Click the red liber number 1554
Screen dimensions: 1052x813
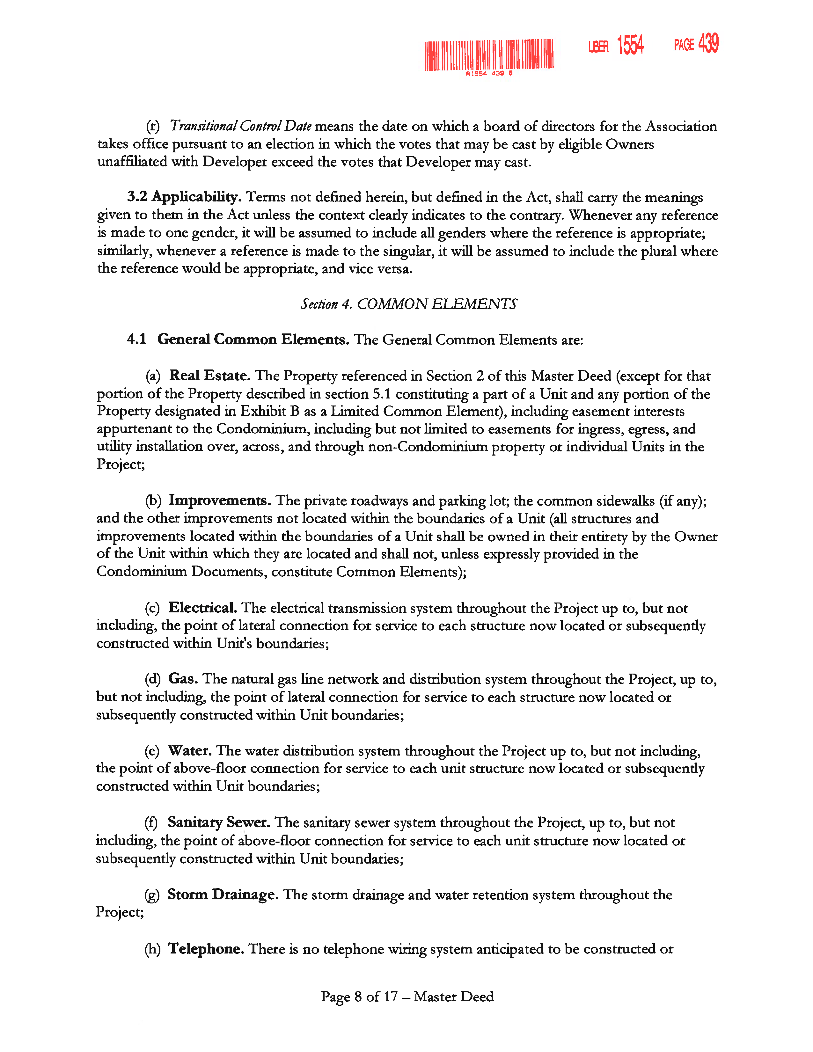click(x=630, y=45)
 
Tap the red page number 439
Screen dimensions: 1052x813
click(x=708, y=43)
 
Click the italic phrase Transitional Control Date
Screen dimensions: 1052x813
click(x=240, y=126)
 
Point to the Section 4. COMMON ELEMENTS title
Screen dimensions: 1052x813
click(x=408, y=304)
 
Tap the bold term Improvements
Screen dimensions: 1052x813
click(x=220, y=500)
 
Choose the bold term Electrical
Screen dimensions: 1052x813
click(x=202, y=608)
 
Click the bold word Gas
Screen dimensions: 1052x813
click(x=183, y=679)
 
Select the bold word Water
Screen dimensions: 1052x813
click(x=190, y=750)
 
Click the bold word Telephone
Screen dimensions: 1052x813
click(x=206, y=949)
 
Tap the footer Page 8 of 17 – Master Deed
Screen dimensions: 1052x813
click(x=407, y=996)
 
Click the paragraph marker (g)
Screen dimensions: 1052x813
click(x=152, y=895)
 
